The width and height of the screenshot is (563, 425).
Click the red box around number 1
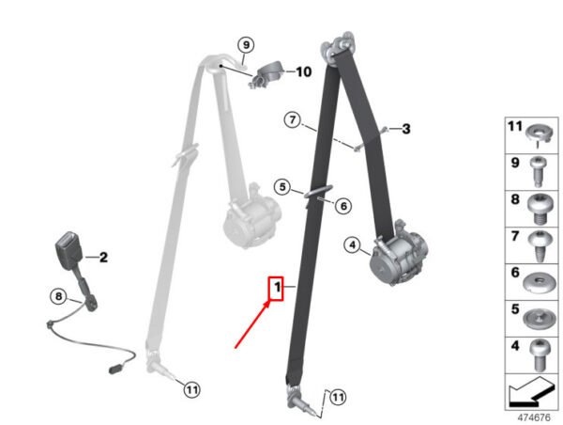(x=277, y=289)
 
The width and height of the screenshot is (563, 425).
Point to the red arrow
(x=252, y=324)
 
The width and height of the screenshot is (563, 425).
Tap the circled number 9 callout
(x=246, y=45)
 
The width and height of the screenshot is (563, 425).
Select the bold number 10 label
(x=304, y=72)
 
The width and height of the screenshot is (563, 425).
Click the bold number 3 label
(x=406, y=129)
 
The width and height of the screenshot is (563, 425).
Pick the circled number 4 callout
(x=353, y=245)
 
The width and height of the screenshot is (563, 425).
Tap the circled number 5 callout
(x=282, y=187)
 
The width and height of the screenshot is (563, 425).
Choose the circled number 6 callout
(x=343, y=206)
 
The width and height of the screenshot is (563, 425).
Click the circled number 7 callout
(x=293, y=119)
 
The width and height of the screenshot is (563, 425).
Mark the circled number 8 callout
(x=58, y=297)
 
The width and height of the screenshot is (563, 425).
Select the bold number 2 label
(x=103, y=258)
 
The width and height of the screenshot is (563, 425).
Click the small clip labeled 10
(x=266, y=75)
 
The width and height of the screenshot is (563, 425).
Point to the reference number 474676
(x=534, y=417)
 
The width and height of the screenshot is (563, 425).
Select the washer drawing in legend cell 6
(x=539, y=283)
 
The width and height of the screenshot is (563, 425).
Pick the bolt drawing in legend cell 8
(x=538, y=209)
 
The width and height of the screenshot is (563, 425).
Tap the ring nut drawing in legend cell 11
(x=538, y=134)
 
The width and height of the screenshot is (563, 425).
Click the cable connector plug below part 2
(x=114, y=370)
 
